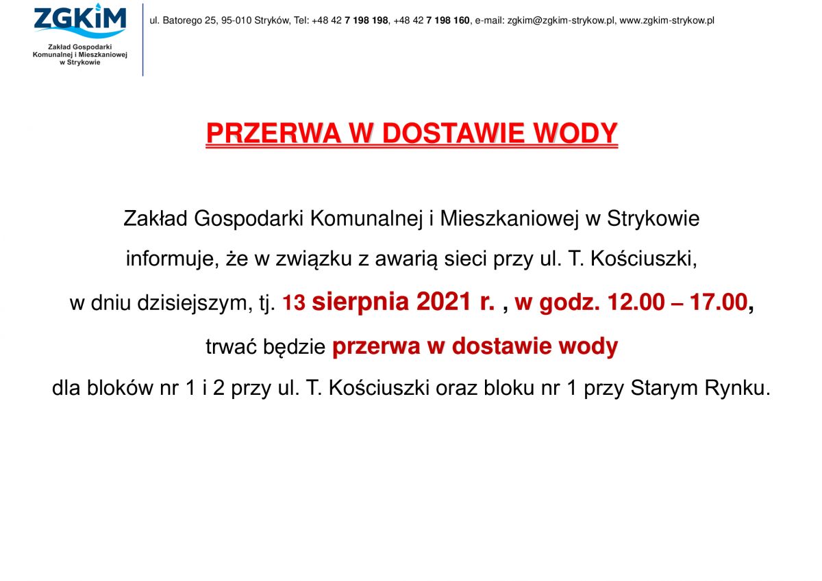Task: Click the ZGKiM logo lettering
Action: pos(79,18)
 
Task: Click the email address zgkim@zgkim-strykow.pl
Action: pos(561,21)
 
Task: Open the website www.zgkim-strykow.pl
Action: pos(667,21)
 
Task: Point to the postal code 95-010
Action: pos(236,21)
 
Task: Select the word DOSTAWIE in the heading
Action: pos(453,133)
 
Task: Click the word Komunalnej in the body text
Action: pos(366,219)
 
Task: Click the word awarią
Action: pos(406,259)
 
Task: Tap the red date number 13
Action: pos(294,302)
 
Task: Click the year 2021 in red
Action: pos(444,302)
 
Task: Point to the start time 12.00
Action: pos(636,302)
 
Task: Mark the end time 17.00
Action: pos(719,302)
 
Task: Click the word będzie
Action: pos(295,346)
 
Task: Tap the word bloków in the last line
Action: pos(120,387)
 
